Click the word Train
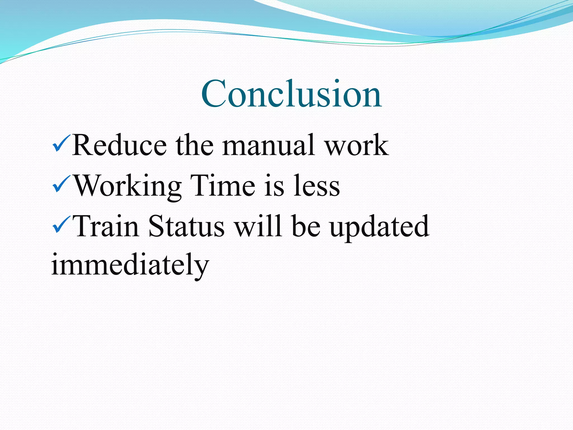(x=107, y=226)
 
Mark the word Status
(x=186, y=226)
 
